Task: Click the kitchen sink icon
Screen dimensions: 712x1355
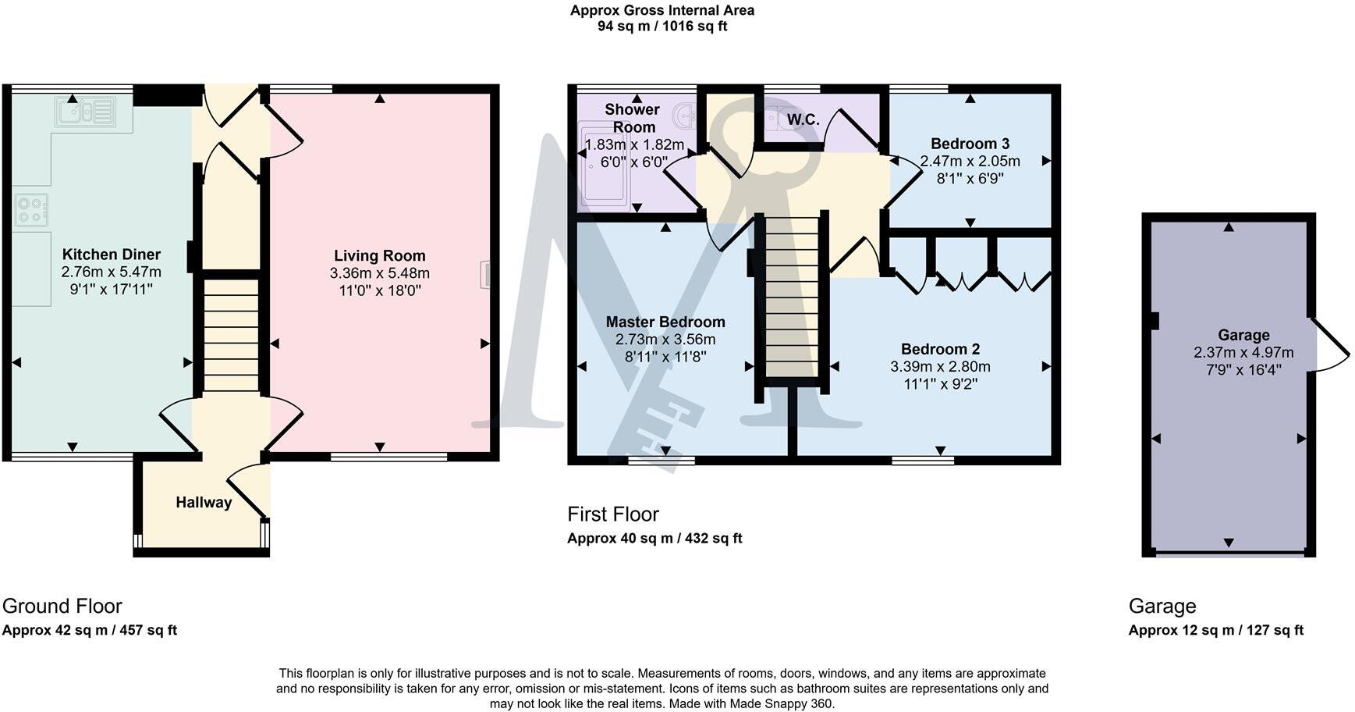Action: coord(85,111)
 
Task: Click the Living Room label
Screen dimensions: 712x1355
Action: coord(380,255)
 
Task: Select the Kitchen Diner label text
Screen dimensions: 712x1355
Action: coord(112,255)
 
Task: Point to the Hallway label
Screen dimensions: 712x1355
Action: coord(204,502)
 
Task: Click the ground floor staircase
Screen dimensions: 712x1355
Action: coord(231,336)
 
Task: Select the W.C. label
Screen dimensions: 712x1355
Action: coord(803,119)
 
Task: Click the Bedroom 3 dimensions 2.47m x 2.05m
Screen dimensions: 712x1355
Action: coord(970,161)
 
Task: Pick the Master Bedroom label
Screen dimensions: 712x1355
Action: coord(665,322)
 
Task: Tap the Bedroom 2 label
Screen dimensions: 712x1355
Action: coord(940,349)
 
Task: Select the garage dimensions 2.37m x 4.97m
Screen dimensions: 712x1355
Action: coord(1243,352)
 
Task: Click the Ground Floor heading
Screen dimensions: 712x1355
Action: coord(62,606)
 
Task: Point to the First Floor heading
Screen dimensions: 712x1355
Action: coord(613,514)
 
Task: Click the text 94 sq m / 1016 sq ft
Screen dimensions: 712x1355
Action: coord(662,26)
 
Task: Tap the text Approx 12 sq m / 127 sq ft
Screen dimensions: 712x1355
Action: coord(1215,630)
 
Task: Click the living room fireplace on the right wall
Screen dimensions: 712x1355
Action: coord(486,275)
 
